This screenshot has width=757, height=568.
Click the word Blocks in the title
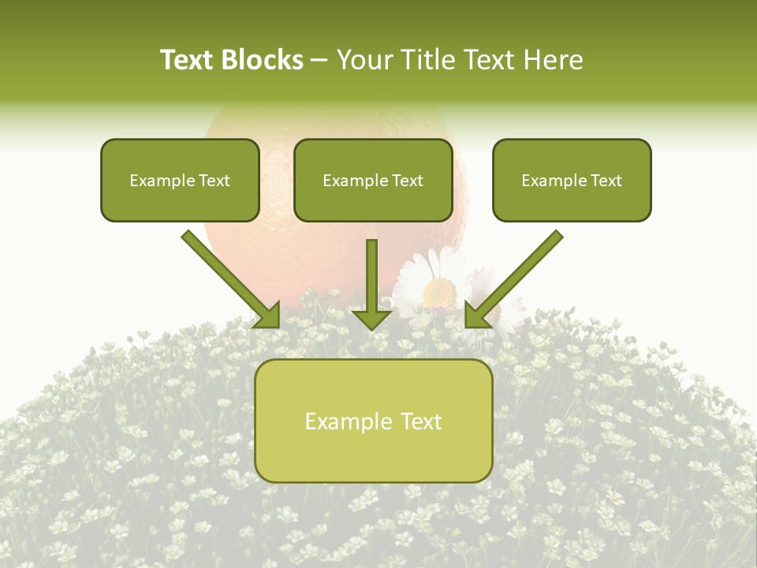click(x=263, y=60)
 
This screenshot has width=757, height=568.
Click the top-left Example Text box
click(x=180, y=180)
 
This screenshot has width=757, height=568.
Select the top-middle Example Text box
click(x=373, y=180)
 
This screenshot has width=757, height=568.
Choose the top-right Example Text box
click(x=572, y=180)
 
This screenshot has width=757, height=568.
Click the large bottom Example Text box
click(x=374, y=420)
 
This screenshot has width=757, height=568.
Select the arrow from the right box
click(x=516, y=276)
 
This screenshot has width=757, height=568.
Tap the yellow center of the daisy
click(x=439, y=293)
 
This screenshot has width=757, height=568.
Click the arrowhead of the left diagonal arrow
click(x=268, y=316)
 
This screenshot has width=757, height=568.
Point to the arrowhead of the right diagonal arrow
click(x=476, y=316)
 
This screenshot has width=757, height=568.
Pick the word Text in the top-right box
click(x=606, y=180)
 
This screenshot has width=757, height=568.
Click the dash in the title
click(x=319, y=60)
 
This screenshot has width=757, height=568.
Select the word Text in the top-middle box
click(x=407, y=180)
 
